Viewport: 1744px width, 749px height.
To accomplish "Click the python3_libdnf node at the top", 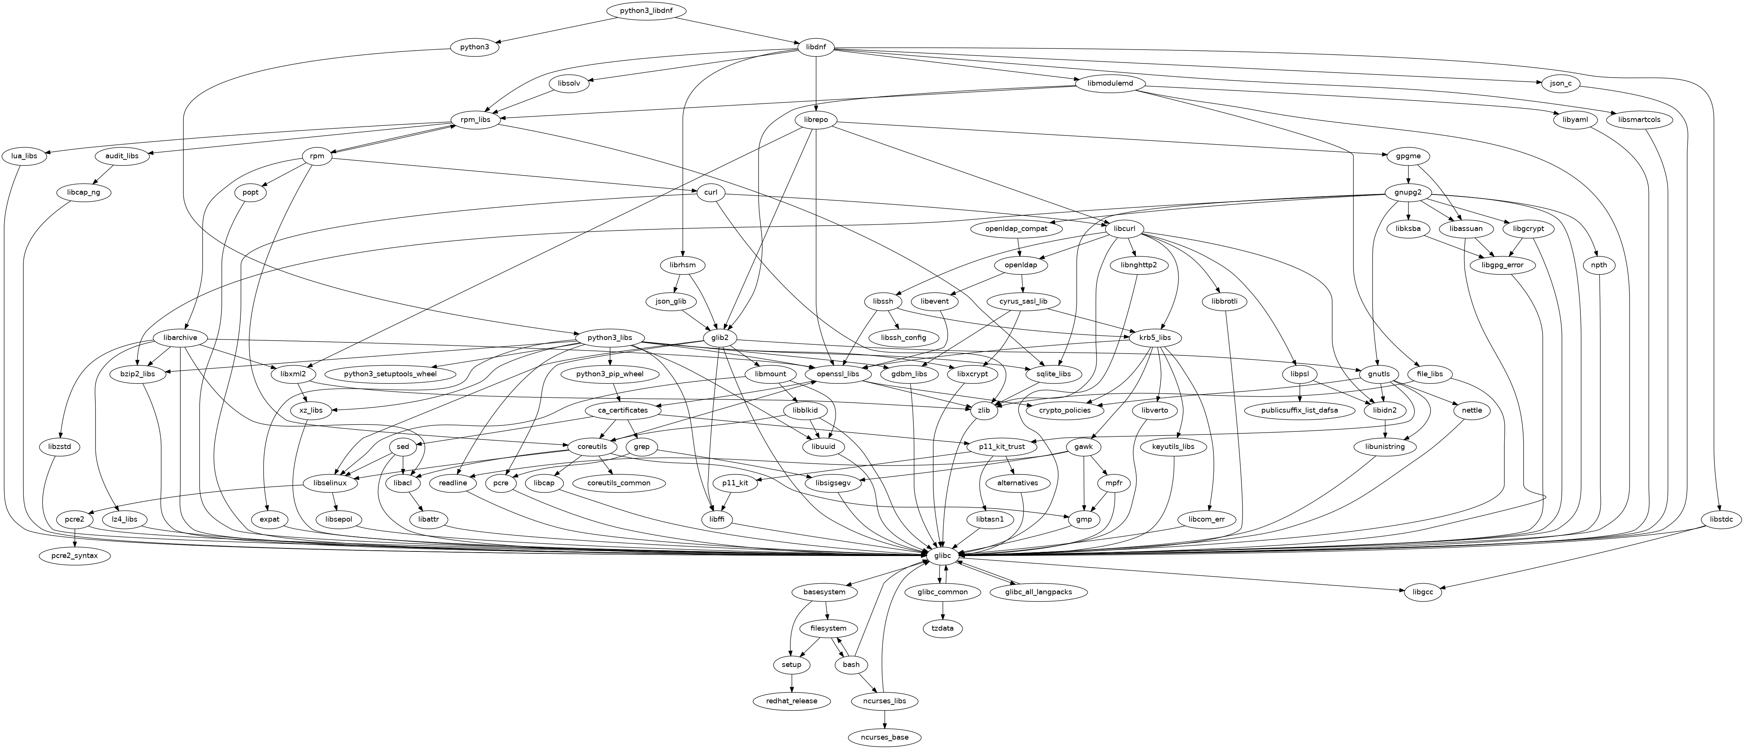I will coord(645,11).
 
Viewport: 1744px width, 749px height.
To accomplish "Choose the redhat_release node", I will coord(792,701).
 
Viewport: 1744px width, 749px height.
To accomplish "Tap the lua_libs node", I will coord(24,156).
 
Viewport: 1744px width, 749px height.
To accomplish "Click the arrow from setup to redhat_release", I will coord(792,682).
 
